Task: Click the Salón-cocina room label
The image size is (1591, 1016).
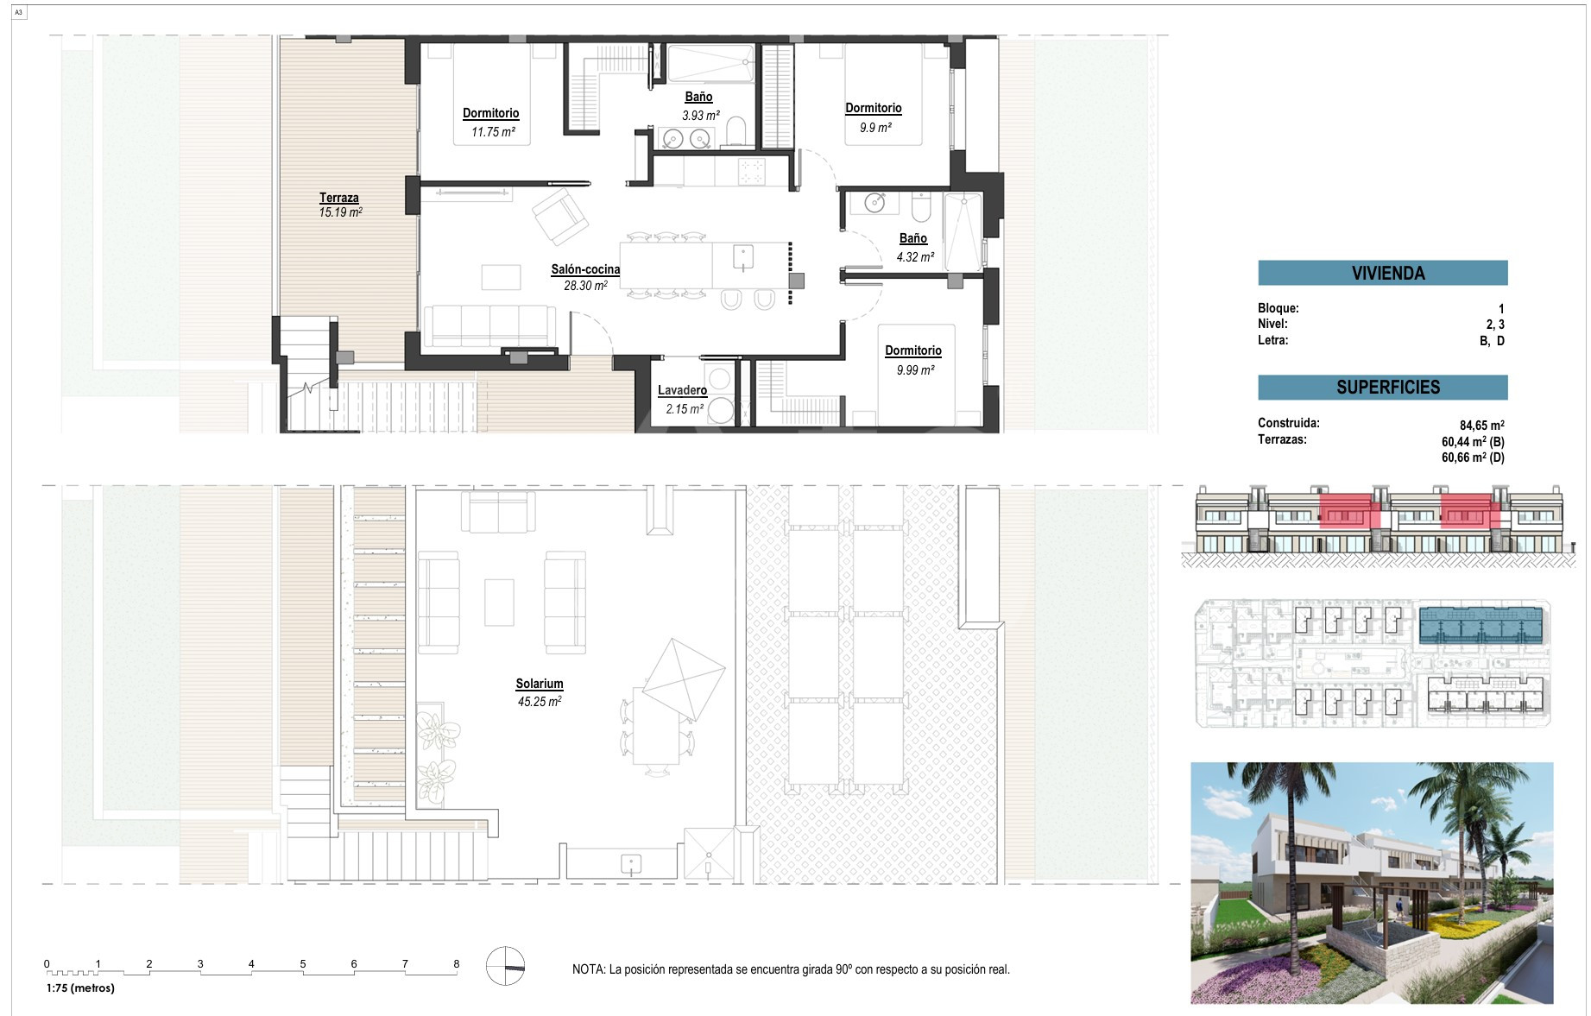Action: point(585,269)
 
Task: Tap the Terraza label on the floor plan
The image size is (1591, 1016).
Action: point(339,198)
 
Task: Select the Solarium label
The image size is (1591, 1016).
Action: point(540,684)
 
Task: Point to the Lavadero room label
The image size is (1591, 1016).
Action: point(682,390)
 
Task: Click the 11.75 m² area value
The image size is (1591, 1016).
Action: point(493,132)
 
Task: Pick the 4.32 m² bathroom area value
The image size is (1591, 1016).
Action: point(915,257)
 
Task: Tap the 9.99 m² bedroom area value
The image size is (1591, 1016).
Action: point(915,370)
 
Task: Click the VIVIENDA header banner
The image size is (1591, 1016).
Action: point(1383,273)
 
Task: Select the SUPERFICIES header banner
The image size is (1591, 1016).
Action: point(1383,388)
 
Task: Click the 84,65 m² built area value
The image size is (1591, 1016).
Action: point(1482,426)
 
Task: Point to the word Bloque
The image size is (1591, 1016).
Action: point(1278,308)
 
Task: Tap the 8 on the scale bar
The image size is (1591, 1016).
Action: point(457,964)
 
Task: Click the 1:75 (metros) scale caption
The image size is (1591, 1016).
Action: point(80,988)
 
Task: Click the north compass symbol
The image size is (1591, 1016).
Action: point(505,966)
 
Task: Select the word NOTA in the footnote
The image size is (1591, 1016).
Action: point(588,969)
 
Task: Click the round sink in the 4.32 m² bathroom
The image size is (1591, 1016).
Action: point(875,203)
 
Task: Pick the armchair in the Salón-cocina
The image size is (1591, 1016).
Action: point(560,216)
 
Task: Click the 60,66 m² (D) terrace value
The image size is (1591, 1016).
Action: point(1473,458)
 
